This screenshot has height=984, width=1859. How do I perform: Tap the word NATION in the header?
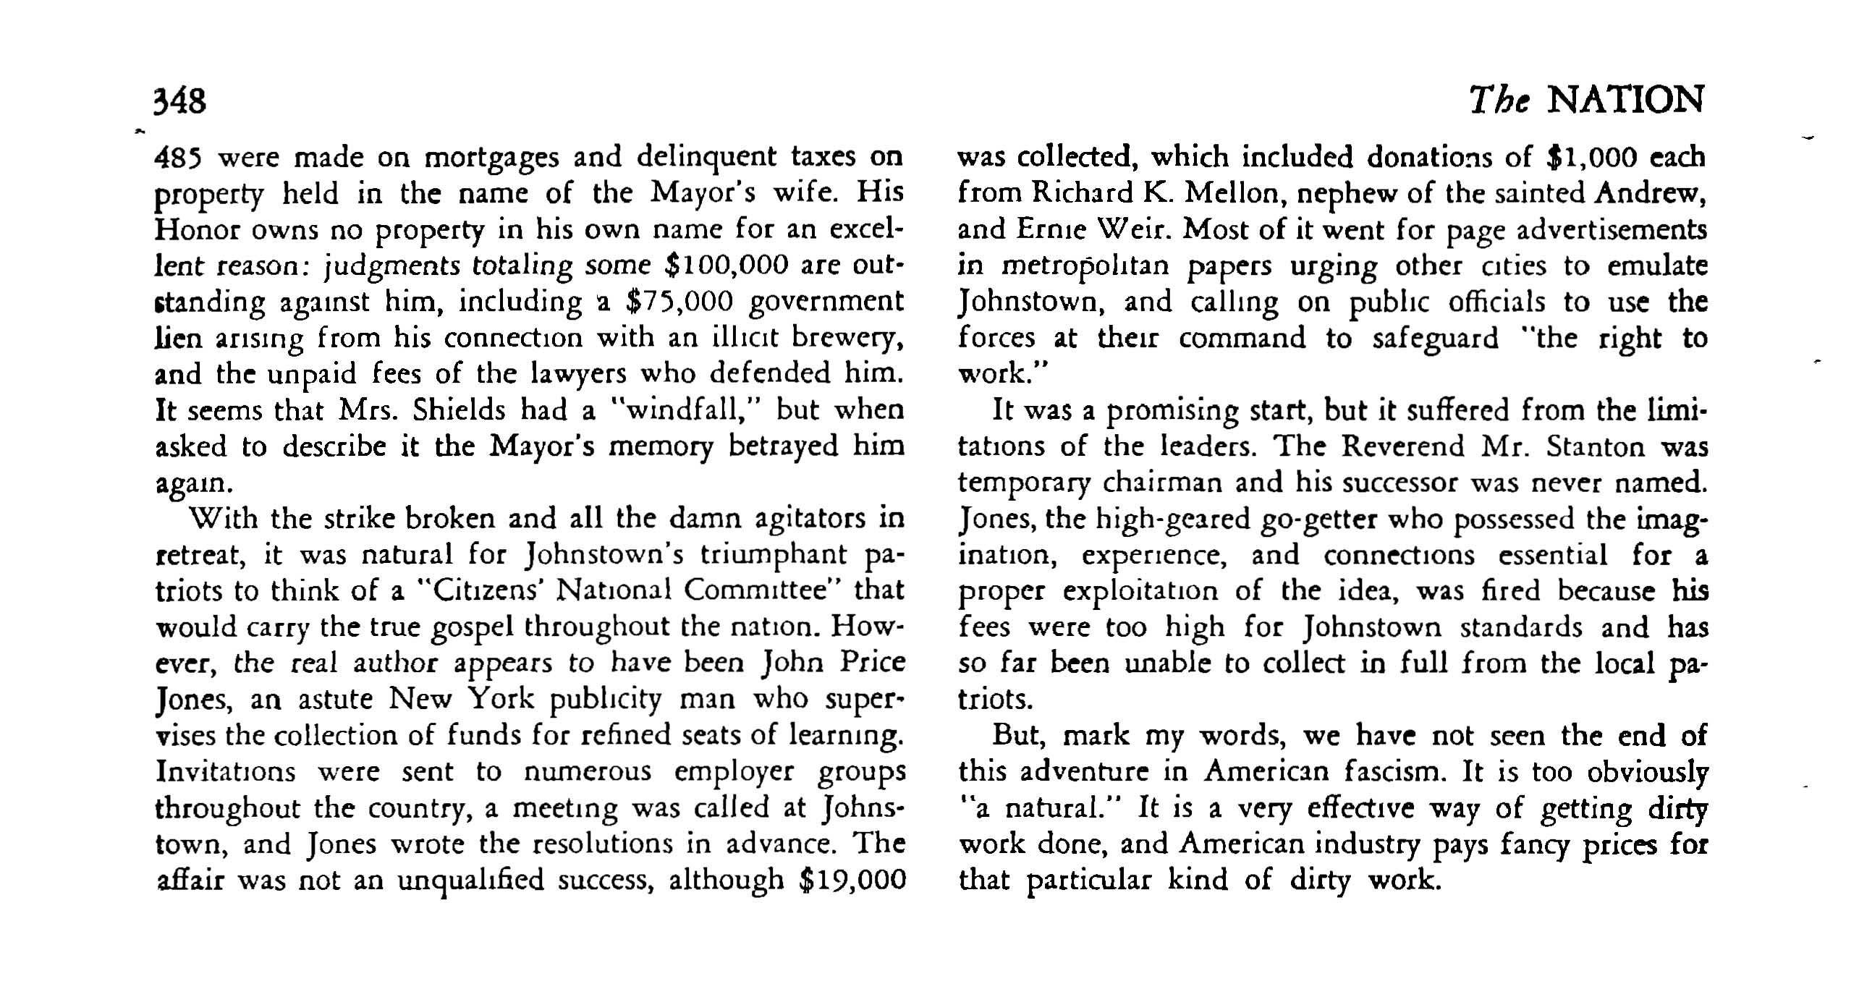click(x=1625, y=100)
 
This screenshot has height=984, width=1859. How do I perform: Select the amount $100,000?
click(x=725, y=266)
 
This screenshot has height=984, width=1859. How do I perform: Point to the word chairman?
click(x=1149, y=483)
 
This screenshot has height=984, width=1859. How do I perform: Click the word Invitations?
click(x=226, y=771)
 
